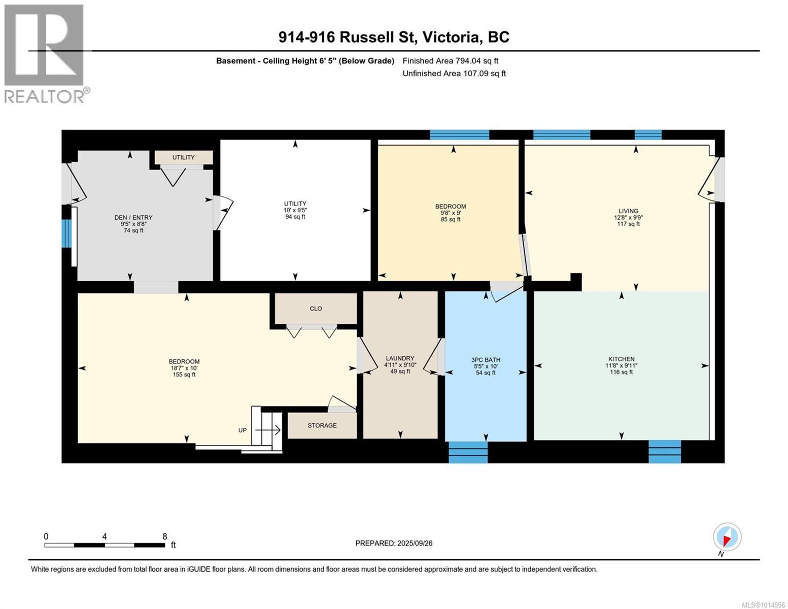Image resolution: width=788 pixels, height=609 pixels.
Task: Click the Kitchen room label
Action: click(x=621, y=359)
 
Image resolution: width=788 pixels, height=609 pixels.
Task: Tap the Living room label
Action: click(x=628, y=211)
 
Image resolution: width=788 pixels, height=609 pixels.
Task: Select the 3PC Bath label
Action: click(x=486, y=359)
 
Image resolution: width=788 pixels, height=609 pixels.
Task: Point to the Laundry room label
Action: click(x=400, y=358)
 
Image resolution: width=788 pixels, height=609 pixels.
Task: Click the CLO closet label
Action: click(x=316, y=309)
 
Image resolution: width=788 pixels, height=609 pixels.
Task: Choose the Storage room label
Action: click(x=322, y=425)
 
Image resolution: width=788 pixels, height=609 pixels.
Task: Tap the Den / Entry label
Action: click(x=133, y=217)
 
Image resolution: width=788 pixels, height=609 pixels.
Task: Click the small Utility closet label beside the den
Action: click(x=183, y=157)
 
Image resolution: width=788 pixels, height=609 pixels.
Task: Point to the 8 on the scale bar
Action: click(x=164, y=536)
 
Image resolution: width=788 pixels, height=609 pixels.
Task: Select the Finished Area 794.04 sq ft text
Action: click(x=451, y=60)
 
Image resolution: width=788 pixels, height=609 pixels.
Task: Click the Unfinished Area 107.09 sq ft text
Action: click(x=454, y=73)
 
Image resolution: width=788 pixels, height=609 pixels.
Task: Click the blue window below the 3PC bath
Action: click(x=468, y=452)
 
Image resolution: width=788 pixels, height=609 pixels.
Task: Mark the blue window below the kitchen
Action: click(x=664, y=451)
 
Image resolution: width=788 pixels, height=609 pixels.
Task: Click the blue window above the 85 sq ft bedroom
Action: click(x=459, y=134)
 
